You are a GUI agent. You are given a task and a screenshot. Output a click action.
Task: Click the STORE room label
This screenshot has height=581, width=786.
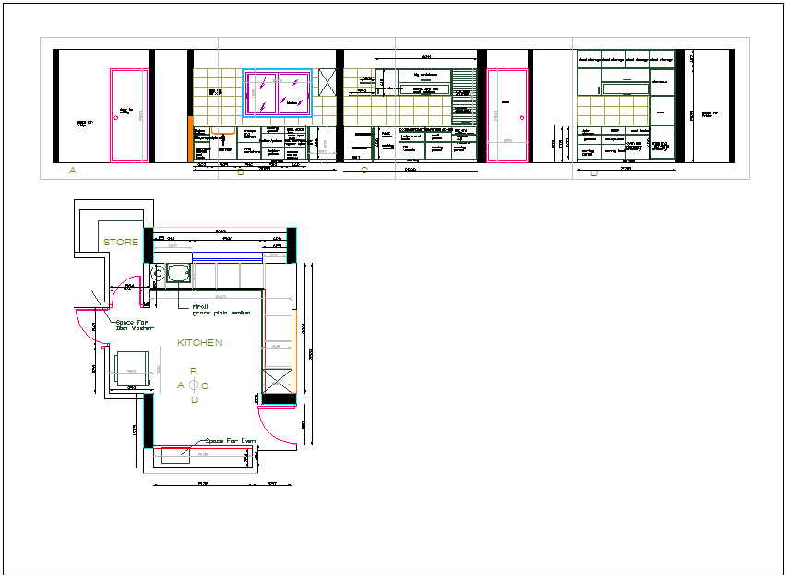pyautogui.click(x=121, y=243)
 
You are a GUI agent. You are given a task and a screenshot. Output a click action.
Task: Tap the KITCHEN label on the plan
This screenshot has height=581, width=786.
pyautogui.click(x=200, y=342)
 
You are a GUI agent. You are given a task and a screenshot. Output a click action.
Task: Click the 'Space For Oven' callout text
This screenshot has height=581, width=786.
pyautogui.click(x=230, y=441)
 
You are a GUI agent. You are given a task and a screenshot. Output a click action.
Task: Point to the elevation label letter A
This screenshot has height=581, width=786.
pyautogui.click(x=72, y=171)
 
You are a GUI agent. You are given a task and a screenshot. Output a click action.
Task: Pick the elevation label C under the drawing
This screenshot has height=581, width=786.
pyautogui.click(x=364, y=171)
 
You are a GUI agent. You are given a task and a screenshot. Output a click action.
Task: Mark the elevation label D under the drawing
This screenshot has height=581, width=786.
pyautogui.click(x=593, y=172)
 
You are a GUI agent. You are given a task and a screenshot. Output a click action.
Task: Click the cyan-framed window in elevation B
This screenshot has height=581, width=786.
pyautogui.click(x=278, y=93)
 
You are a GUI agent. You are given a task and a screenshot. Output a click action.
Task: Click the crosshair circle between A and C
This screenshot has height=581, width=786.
pyautogui.click(x=194, y=385)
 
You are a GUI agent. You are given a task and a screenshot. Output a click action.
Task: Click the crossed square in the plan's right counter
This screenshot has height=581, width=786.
pyautogui.click(x=278, y=379)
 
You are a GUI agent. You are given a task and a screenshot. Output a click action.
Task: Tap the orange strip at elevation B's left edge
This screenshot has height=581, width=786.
pyautogui.click(x=190, y=139)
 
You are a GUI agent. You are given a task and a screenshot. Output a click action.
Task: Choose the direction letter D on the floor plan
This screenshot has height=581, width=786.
pyautogui.click(x=194, y=400)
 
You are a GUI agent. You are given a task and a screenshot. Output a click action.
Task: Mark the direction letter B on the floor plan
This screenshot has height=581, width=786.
pyautogui.click(x=194, y=371)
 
